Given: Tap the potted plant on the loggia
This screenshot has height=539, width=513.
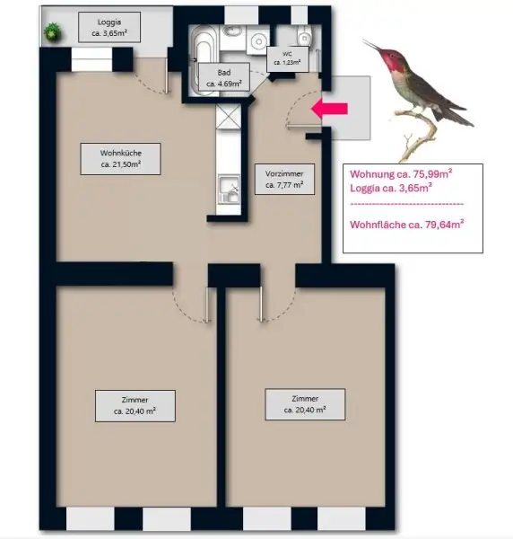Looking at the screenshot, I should (x=53, y=31).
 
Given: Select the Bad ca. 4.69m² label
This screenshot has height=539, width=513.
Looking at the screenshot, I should (x=220, y=78).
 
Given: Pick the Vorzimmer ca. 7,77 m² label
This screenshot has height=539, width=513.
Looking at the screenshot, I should (x=284, y=180).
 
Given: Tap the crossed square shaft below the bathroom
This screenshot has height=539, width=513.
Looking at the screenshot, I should (x=228, y=117).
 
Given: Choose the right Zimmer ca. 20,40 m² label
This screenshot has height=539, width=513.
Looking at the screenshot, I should (x=295, y=403).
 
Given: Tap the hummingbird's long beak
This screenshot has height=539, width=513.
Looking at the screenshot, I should (x=372, y=46).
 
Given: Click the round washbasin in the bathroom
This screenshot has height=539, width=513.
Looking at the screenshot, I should (x=258, y=40).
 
